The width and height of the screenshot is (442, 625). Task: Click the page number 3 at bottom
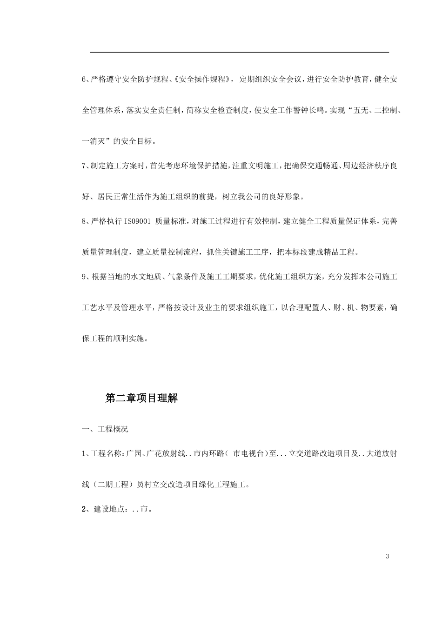[x=387, y=557]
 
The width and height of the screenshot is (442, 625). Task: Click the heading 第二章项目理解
[x=141, y=399]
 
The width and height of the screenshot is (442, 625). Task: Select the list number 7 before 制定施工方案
[x=84, y=166]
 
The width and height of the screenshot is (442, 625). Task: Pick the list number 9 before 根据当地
[x=84, y=277]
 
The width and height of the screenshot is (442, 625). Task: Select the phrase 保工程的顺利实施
[x=113, y=339]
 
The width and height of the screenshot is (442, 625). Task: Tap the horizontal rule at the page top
[x=239, y=53]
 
